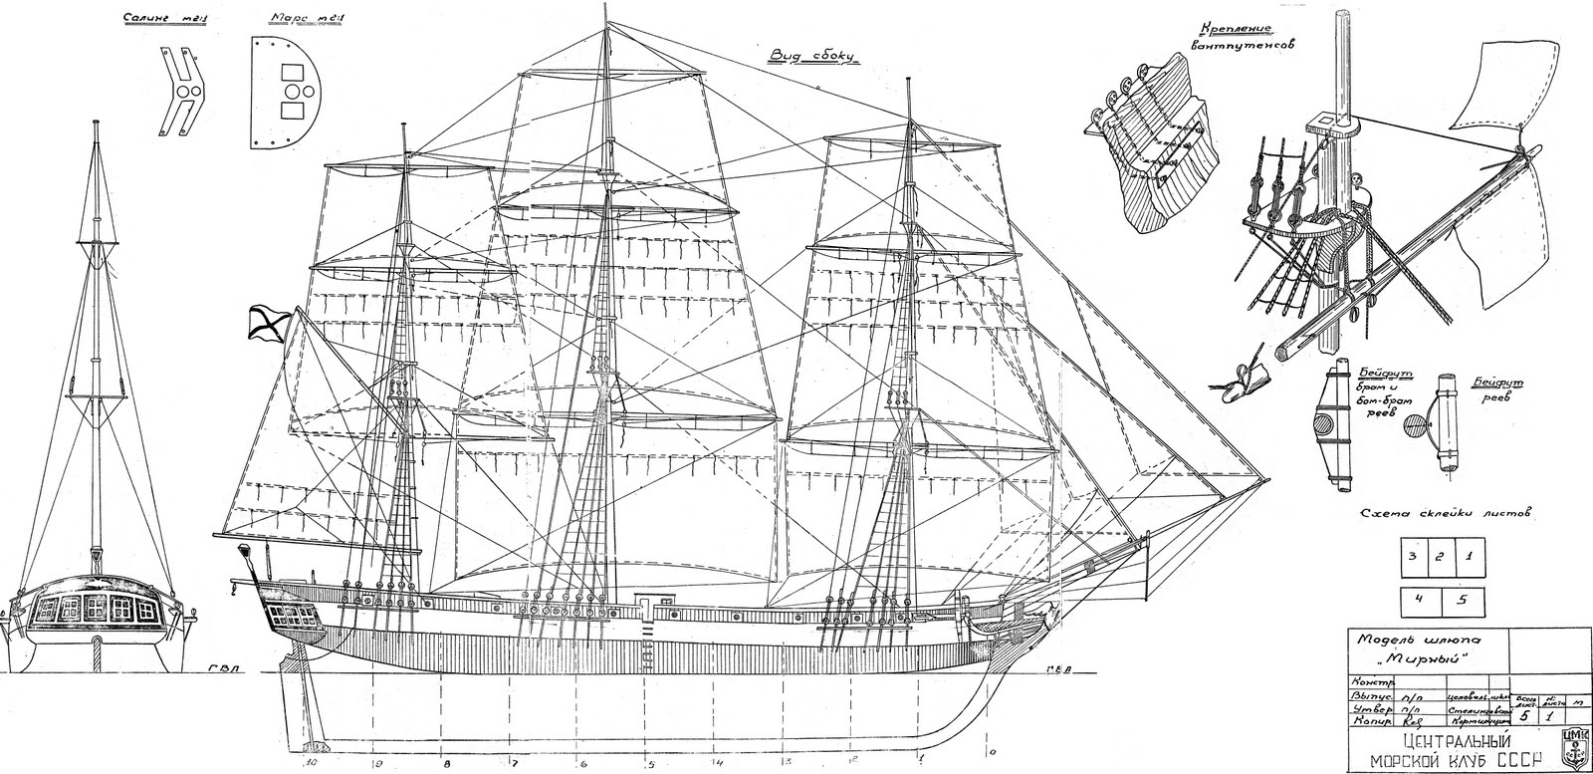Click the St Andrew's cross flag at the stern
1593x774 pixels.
[x=268, y=321]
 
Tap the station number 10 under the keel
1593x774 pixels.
[x=312, y=764]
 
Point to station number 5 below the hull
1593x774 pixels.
[x=649, y=766]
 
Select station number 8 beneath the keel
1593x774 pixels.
[x=445, y=765]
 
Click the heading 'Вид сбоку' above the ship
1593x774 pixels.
[x=811, y=57]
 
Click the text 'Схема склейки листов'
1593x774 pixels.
[x=1444, y=513]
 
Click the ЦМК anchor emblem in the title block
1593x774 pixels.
[x=1577, y=746]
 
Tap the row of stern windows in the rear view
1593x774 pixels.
[x=95, y=606]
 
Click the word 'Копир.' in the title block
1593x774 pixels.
[x=1365, y=716]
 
